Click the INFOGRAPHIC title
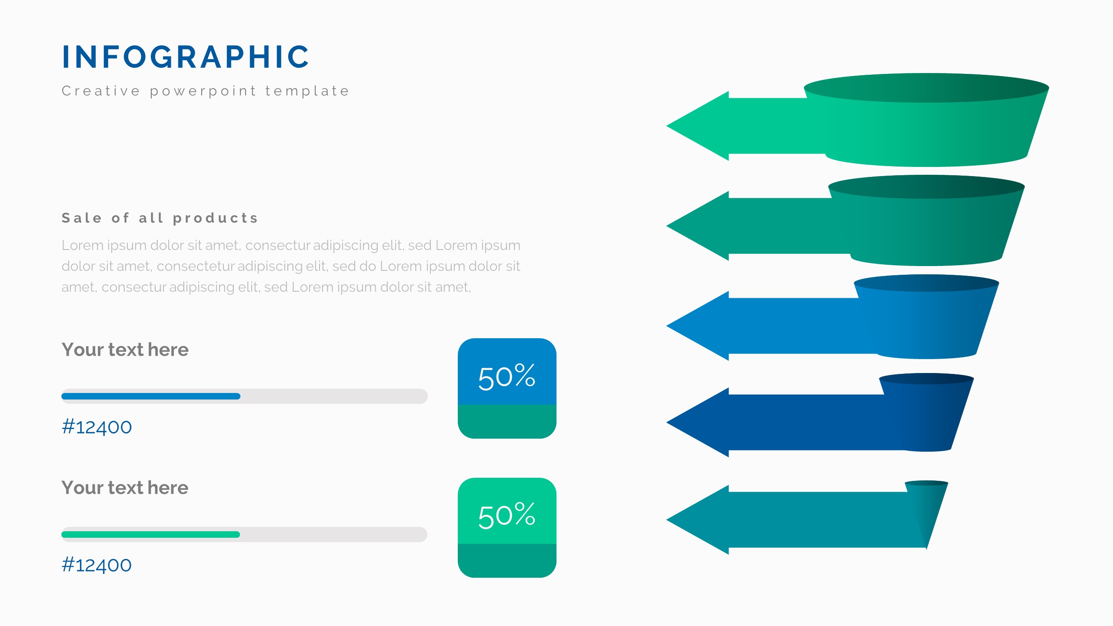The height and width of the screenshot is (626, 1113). [x=186, y=57]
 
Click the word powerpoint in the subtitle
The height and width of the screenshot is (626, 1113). [x=203, y=91]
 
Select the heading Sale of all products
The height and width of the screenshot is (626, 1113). [x=160, y=218]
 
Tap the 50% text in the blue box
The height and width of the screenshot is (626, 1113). [x=507, y=376]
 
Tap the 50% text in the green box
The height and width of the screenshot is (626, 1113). [x=507, y=515]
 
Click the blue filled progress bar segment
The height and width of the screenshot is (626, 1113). [x=151, y=396]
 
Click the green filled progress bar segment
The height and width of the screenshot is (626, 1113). [x=151, y=534]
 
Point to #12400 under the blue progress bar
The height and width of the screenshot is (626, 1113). [x=97, y=427]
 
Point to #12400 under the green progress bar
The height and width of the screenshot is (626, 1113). [x=97, y=565]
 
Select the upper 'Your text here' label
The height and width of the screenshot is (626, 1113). [x=125, y=350]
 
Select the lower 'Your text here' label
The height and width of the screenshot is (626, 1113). [x=125, y=488]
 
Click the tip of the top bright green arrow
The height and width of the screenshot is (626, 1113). [x=667, y=126]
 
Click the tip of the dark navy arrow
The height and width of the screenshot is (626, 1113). [x=667, y=422]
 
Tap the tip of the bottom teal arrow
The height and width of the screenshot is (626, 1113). [x=667, y=519]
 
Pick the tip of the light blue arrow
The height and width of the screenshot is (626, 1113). [x=667, y=326]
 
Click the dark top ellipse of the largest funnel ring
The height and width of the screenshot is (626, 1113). [x=926, y=88]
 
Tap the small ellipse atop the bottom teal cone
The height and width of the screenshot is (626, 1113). [x=926, y=483]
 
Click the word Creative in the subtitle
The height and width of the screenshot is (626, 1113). [x=101, y=91]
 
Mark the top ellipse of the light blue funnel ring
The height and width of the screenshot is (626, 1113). [x=926, y=283]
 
